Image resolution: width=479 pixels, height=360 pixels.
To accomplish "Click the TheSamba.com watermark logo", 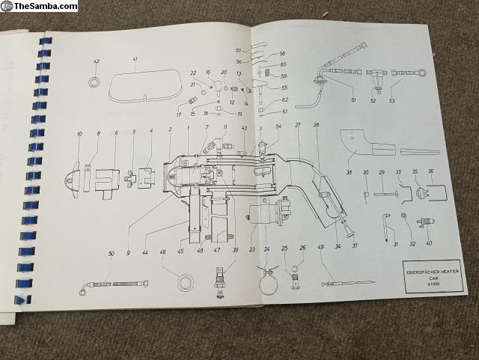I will (39, 6).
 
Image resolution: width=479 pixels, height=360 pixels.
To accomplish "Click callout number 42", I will (96, 61).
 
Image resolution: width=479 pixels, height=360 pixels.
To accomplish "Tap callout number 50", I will (112, 254).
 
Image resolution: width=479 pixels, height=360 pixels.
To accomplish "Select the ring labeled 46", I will (181, 282).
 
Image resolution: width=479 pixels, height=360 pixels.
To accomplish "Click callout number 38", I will (349, 173).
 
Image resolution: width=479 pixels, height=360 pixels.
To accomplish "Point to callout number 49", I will (321, 248).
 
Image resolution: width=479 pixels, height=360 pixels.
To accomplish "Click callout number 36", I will (431, 171).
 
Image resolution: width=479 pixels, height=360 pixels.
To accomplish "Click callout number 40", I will (429, 243).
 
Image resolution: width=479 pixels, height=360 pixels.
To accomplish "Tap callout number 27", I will (297, 124).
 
